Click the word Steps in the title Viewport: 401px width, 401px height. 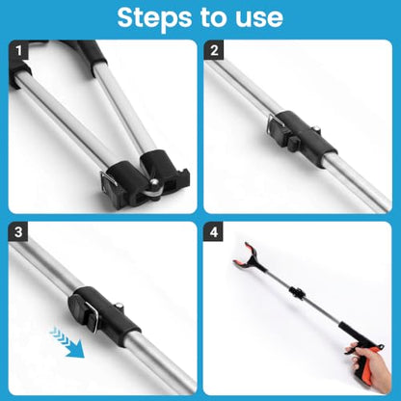(x=154, y=17)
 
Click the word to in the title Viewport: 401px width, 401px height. (x=213, y=17)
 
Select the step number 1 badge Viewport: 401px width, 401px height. (x=18, y=50)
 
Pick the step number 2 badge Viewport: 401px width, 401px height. (x=214, y=50)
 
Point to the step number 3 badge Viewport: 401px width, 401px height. (x=18, y=231)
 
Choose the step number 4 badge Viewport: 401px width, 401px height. (x=214, y=231)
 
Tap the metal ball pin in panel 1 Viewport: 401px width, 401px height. (x=153, y=183)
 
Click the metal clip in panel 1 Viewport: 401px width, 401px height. (x=109, y=178)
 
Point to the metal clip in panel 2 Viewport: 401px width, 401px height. (x=276, y=123)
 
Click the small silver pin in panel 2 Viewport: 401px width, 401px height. (x=317, y=128)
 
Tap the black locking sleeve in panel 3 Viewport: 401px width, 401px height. (x=104, y=316)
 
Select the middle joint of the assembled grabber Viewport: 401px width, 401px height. (x=297, y=293)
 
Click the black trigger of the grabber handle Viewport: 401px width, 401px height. (x=353, y=350)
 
